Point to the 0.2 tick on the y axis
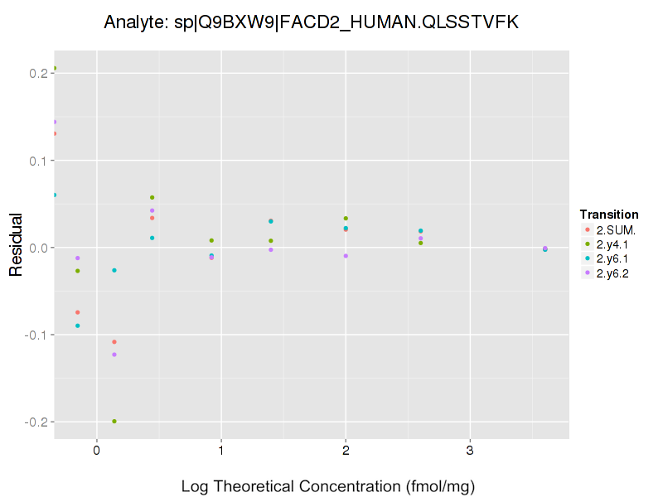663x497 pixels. [x=37, y=73]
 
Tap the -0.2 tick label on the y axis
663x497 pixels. [x=35, y=422]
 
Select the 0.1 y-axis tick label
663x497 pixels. [x=37, y=161]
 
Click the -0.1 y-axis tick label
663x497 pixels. [x=35, y=335]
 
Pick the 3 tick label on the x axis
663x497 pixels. [x=470, y=451]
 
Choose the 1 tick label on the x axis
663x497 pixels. [x=221, y=451]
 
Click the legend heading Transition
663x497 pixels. [x=609, y=215]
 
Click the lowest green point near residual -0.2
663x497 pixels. [x=114, y=422]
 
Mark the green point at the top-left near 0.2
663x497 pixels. [x=55, y=69]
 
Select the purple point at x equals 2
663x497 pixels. [x=346, y=256]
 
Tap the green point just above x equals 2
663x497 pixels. [x=346, y=219]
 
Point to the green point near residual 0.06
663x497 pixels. [x=152, y=197]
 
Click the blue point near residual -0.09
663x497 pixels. [x=78, y=326]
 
